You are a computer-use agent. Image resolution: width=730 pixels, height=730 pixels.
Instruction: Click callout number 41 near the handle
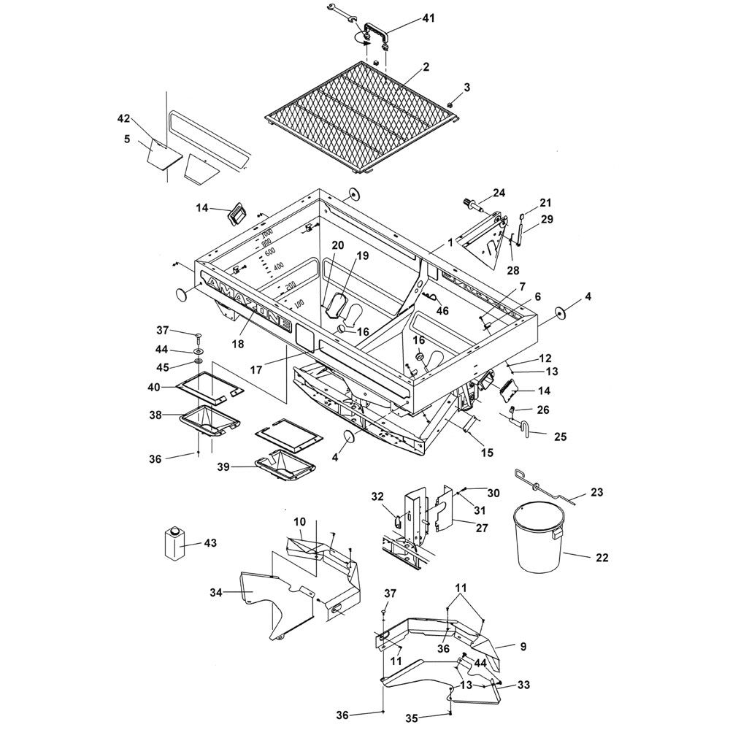pyautogui.click(x=428, y=18)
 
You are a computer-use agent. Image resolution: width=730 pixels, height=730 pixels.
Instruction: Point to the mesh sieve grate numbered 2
pyautogui.click(x=360, y=116)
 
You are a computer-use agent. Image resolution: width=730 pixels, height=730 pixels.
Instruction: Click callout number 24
pyautogui.click(x=499, y=192)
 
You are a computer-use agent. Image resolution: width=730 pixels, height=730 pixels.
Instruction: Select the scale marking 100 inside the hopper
pyautogui.click(x=299, y=304)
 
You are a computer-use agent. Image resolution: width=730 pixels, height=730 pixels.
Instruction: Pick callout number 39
pyautogui.click(x=224, y=466)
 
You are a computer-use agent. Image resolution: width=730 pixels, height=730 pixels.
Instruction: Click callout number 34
pyautogui.click(x=216, y=592)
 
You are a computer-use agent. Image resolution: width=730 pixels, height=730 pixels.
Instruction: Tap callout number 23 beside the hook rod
pyautogui.click(x=597, y=491)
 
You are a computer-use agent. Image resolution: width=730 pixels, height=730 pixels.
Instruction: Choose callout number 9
pyautogui.click(x=523, y=646)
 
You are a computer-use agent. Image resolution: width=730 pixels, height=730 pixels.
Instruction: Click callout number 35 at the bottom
pyautogui.click(x=412, y=718)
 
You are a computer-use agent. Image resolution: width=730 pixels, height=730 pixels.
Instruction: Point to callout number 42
pyautogui.click(x=123, y=118)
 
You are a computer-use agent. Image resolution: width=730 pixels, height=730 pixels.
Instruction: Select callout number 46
pyautogui.click(x=442, y=310)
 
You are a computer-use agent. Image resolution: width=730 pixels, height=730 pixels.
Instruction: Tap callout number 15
pyautogui.click(x=487, y=452)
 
